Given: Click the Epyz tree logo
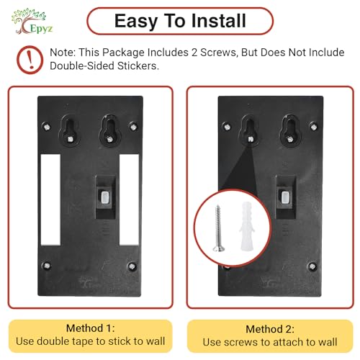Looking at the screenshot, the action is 32,21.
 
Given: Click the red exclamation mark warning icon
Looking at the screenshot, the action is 30,60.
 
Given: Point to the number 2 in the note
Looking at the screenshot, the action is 194,53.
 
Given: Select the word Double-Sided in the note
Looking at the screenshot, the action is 81,66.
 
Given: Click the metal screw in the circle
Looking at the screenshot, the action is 218,228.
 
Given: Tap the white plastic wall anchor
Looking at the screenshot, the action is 246,226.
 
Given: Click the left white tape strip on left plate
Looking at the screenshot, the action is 50,199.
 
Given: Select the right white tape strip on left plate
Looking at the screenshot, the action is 129,199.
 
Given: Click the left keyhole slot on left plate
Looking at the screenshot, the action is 69,130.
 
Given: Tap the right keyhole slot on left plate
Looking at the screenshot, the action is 109,130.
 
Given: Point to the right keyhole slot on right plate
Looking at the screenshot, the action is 290,130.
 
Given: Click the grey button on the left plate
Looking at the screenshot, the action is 104,197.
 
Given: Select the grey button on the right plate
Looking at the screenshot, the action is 285,197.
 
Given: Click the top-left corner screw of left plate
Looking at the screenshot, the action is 46,127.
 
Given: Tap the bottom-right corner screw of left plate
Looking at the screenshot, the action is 132,266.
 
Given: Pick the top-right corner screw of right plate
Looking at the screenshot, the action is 314,126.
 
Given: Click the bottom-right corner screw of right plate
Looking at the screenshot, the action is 312,266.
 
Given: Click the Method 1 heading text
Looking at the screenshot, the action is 91,328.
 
